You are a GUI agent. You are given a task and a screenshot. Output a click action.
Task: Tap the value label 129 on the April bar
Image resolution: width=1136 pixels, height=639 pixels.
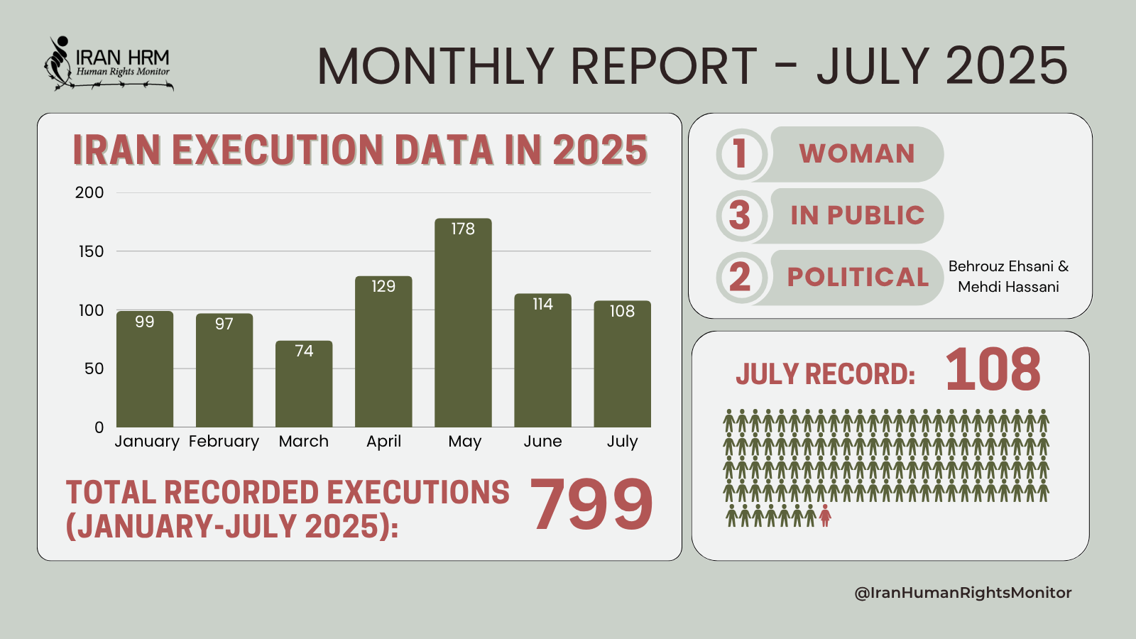tap(383, 286)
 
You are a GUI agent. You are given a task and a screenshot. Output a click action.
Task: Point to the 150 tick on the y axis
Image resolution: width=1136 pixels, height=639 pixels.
tap(91, 251)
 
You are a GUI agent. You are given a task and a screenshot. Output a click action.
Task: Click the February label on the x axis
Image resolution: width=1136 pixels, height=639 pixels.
tap(224, 441)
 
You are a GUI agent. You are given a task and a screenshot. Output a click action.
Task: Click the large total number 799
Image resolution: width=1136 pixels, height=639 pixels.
tap(591, 505)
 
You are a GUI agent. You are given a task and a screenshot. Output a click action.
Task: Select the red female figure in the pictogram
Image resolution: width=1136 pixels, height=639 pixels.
tap(825, 515)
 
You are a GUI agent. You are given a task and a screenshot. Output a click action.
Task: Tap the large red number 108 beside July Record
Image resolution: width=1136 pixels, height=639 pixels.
tap(993, 370)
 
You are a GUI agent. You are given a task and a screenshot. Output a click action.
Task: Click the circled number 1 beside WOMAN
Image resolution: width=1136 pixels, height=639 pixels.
tap(740, 153)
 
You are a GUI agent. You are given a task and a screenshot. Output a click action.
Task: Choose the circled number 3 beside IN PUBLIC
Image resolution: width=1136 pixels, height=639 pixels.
tap(740, 215)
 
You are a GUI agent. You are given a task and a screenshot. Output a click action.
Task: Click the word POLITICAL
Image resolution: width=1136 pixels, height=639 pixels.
tap(858, 277)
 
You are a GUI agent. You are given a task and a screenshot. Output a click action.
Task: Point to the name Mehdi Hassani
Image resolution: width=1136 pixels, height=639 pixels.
tap(1008, 287)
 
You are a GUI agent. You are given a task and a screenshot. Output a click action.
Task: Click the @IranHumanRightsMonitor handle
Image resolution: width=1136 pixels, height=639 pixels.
tap(963, 593)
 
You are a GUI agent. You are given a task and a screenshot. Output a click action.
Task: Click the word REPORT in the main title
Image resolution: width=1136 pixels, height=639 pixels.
tap(664, 67)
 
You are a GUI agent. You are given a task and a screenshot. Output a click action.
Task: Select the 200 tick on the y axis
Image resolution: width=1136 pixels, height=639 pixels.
tap(89, 192)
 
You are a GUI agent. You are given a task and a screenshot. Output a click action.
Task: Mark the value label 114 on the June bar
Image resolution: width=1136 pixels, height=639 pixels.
tap(542, 304)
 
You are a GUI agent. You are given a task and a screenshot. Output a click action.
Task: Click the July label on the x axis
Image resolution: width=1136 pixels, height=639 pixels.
tap(622, 441)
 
